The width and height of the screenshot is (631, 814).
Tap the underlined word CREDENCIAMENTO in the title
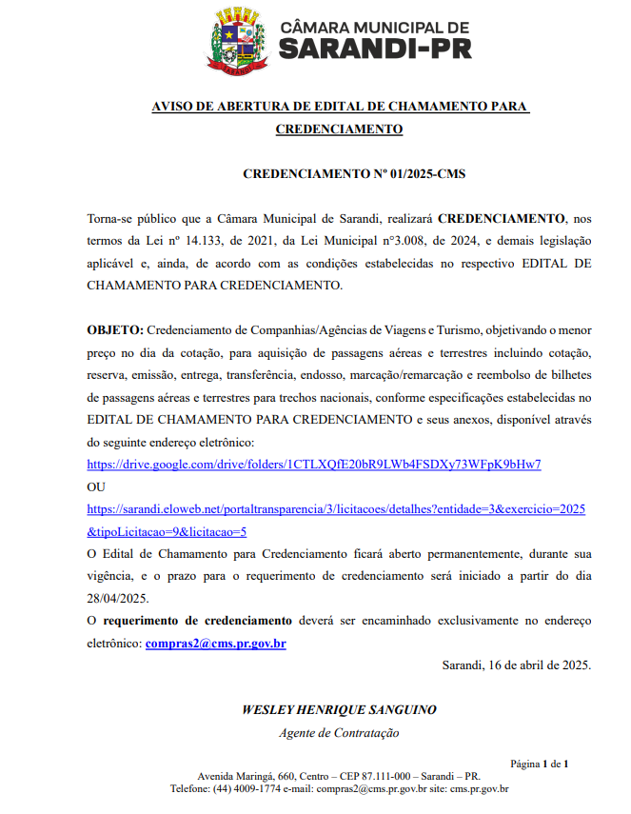pos(338,129)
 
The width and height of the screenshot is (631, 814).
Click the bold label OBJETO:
pos(115,330)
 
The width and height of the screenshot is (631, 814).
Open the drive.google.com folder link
pos(314,465)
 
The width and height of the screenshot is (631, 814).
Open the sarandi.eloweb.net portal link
pos(336,509)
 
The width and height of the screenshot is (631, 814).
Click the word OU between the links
pos(96,487)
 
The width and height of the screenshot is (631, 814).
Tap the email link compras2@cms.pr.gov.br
pos(215,644)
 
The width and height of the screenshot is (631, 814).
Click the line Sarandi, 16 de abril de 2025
pos(517,665)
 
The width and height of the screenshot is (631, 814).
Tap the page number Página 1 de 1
pos(540,764)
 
